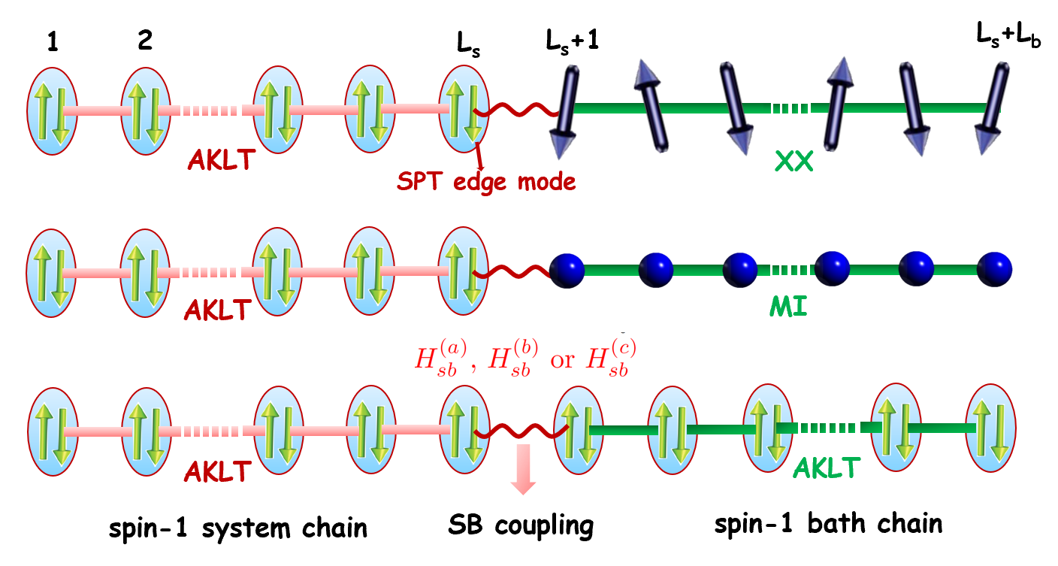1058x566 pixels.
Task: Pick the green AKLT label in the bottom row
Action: [826, 469]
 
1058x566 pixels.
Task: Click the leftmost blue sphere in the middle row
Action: [567, 269]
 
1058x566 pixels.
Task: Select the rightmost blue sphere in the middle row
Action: [995, 269]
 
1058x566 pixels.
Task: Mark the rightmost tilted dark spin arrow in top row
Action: [993, 109]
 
